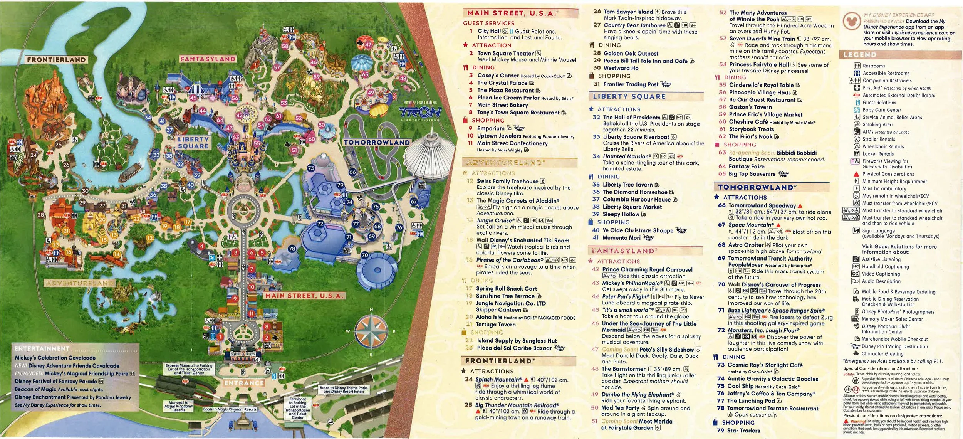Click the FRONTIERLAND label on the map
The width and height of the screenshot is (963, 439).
[x=56, y=60]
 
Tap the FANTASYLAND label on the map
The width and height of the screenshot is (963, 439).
[x=208, y=59]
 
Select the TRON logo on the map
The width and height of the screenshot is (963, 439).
[x=420, y=112]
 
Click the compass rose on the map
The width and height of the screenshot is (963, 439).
[x=371, y=331]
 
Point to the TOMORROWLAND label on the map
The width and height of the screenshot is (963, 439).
[x=376, y=143]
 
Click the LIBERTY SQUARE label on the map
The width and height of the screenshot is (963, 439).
[x=193, y=143]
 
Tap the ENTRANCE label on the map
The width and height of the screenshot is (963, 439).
[x=244, y=383]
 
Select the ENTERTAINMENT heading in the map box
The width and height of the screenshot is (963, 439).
[x=42, y=349]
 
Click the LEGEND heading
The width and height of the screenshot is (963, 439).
[x=860, y=55]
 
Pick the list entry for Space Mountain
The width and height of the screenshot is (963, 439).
[x=751, y=225]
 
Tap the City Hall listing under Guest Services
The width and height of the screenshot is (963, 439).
[x=489, y=31]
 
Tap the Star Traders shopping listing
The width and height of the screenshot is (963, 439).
[x=743, y=431]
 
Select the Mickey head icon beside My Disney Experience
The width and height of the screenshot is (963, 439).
[x=851, y=21]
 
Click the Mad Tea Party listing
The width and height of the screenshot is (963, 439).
[x=620, y=408]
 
